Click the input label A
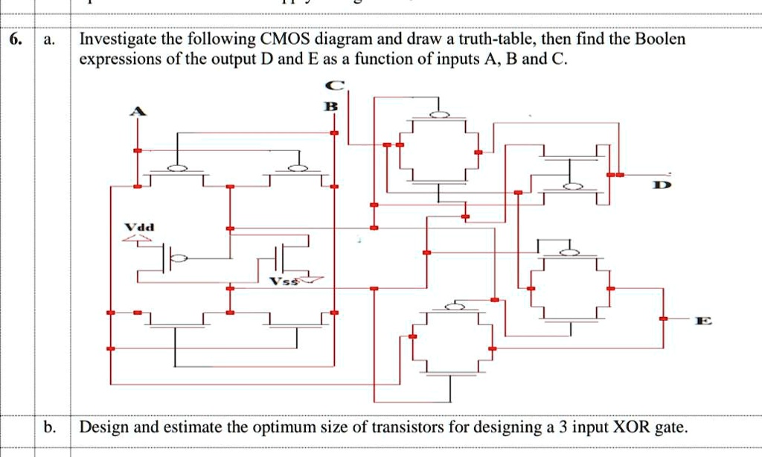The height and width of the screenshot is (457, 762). coord(135,112)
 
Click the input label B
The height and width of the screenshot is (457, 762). coord(333,106)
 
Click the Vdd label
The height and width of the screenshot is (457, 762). coord(139,226)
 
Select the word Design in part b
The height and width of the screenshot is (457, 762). coord(102,427)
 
